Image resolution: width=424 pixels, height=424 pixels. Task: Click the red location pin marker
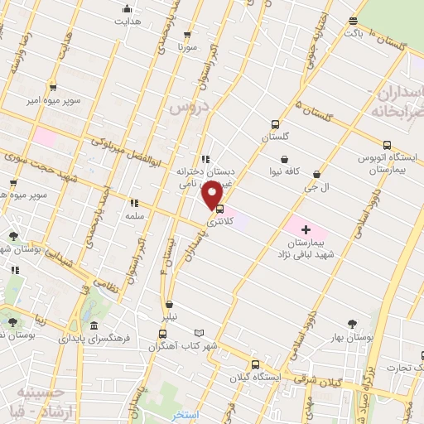(x=213, y=194)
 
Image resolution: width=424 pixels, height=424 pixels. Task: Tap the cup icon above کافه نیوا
(x=285, y=160)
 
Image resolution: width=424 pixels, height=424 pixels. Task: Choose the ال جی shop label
(x=319, y=187)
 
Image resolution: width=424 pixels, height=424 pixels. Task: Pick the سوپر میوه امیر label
(x=53, y=100)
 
